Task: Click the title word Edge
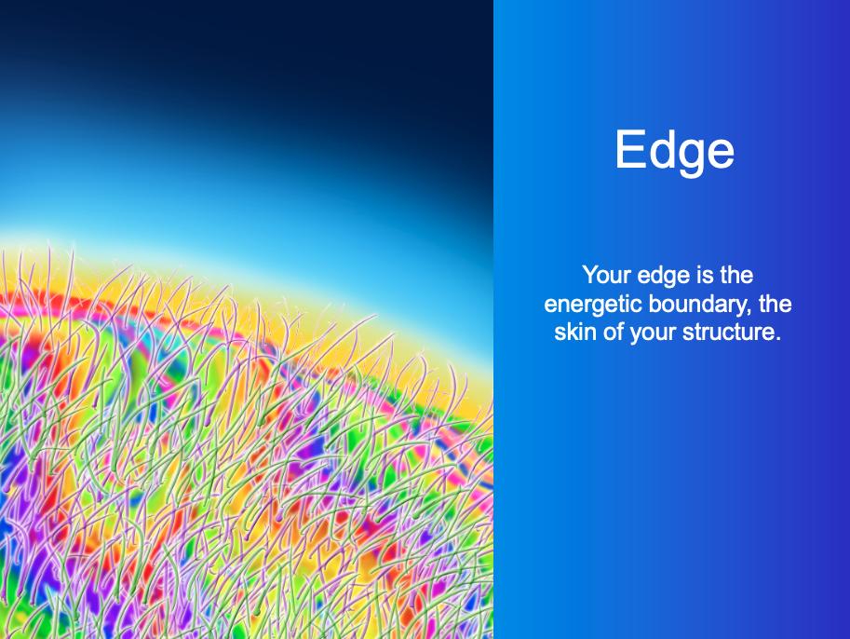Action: point(674,150)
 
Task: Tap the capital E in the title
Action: point(628,149)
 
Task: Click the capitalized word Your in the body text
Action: point(607,275)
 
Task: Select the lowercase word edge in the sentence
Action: point(664,277)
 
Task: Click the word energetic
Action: point(593,306)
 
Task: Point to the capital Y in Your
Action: point(589,275)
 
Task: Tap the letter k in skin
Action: point(571,332)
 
